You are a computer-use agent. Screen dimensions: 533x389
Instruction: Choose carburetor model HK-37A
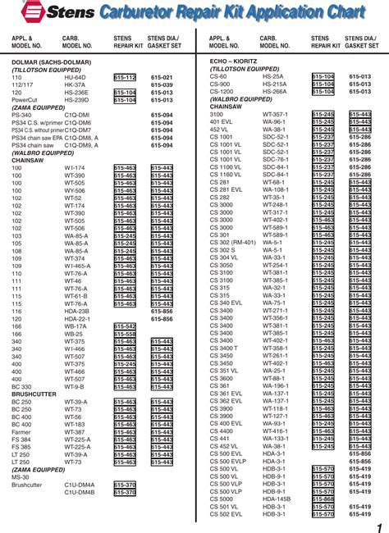(75, 84)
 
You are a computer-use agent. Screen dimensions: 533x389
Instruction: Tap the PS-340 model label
(22, 114)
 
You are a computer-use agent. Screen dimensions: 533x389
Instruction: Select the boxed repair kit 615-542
(125, 326)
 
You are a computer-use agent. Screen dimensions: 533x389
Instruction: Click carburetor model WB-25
(73, 334)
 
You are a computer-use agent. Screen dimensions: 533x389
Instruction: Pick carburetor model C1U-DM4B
(79, 492)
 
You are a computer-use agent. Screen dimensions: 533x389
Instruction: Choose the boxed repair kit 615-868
(323, 499)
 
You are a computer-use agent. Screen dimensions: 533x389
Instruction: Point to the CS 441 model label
(220, 439)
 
